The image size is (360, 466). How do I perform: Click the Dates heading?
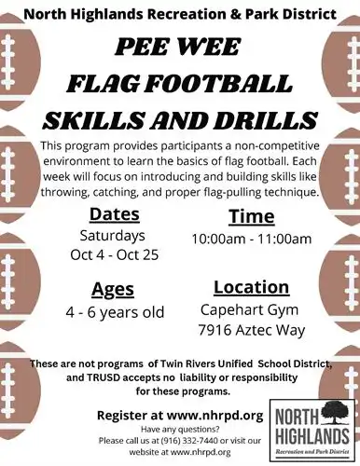click(115, 213)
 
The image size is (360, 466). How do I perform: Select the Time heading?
click(251, 216)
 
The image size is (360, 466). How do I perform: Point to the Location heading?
click(251, 286)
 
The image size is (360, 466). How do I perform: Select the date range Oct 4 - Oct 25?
click(116, 254)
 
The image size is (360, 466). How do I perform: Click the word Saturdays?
click(115, 234)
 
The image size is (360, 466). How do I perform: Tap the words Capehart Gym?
click(251, 308)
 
